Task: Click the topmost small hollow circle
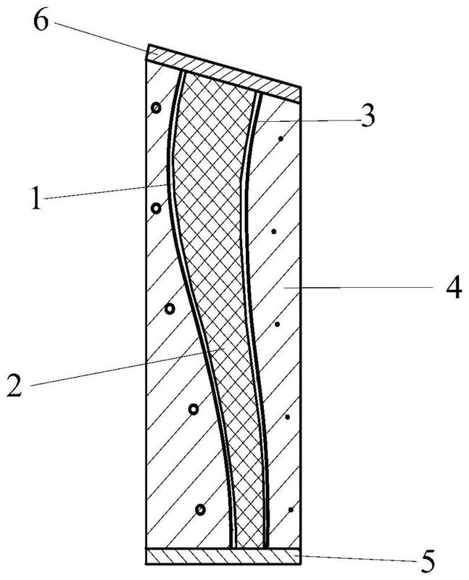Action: pos(156,109)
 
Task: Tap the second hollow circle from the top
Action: pos(156,209)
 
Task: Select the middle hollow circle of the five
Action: pos(170,309)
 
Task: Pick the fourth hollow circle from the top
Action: pos(194,410)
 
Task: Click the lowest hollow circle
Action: pos(200,510)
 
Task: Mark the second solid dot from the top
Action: pos(273,232)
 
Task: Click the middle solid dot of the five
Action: pos(276,324)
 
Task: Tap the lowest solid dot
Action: pos(291,510)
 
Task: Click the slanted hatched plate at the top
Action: pos(225,70)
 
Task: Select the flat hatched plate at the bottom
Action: pos(223,555)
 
